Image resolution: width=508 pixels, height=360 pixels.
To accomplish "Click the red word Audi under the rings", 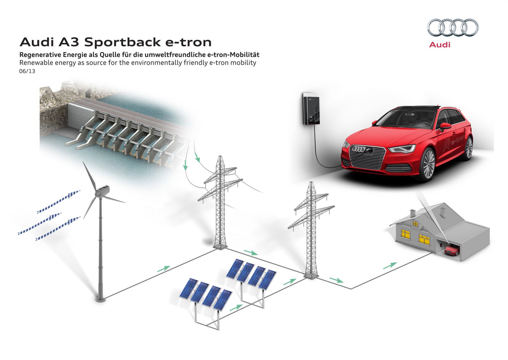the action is (439, 45).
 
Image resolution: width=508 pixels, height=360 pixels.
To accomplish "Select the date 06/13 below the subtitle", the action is (27, 71).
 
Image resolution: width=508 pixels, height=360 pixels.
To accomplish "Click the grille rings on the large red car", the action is (358, 149).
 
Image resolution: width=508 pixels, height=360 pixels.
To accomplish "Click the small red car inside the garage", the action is (452, 250).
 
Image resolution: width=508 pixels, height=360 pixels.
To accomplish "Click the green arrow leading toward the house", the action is (390, 266).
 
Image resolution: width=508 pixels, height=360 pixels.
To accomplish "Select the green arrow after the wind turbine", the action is (164, 269).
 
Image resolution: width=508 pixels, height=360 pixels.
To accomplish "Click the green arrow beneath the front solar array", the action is (236, 308).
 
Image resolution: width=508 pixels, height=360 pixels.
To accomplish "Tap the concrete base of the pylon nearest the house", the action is (311, 276).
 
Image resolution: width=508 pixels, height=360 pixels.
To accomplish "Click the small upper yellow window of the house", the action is (415, 224).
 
